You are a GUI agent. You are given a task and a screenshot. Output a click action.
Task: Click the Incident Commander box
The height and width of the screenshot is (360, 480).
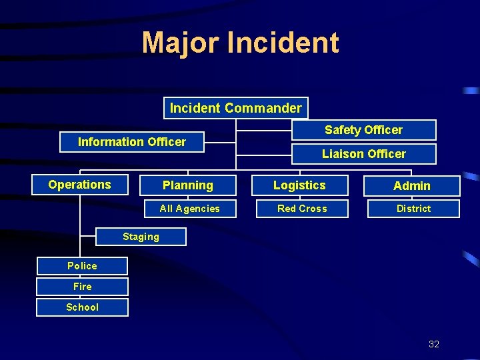pos(236,108)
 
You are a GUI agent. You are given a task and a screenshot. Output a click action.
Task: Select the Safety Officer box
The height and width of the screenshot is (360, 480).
pos(363,130)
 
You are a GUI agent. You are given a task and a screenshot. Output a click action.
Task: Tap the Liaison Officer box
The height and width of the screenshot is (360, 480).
pos(363,154)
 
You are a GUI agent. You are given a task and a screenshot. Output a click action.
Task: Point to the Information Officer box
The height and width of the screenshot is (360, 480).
pos(132,142)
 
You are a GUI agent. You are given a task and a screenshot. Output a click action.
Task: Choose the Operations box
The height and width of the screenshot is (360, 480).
pos(80,185)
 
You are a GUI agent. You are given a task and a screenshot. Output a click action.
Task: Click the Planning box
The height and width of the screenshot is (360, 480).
pos(188,185)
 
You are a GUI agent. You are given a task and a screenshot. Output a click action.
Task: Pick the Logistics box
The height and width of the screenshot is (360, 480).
pos(299,185)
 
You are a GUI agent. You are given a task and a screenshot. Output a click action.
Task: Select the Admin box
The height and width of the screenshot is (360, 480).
pos(411,186)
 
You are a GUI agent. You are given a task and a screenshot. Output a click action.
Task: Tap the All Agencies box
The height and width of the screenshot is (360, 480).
pos(189,209)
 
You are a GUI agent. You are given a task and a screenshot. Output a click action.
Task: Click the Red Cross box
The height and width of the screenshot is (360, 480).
pos(302,209)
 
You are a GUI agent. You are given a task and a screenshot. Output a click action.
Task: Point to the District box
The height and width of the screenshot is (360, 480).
pos(413,209)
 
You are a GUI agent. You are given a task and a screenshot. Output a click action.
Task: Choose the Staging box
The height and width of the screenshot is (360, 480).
pos(141,237)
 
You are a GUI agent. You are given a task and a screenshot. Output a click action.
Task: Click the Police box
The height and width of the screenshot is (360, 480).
pos(82,266)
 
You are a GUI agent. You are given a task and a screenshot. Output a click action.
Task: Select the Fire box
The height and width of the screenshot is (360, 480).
pos(82,287)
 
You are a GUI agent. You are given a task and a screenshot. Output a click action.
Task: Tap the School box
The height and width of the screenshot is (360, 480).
pos(82,307)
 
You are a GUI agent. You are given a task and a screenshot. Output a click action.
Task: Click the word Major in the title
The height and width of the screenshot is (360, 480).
pos(180,43)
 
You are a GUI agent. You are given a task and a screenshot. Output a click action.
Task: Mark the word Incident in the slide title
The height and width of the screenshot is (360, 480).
pos(283,43)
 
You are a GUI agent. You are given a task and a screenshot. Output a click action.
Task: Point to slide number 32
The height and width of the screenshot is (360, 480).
pos(434,344)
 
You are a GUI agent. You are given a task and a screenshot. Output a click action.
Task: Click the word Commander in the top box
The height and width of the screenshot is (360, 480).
pos(263,108)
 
